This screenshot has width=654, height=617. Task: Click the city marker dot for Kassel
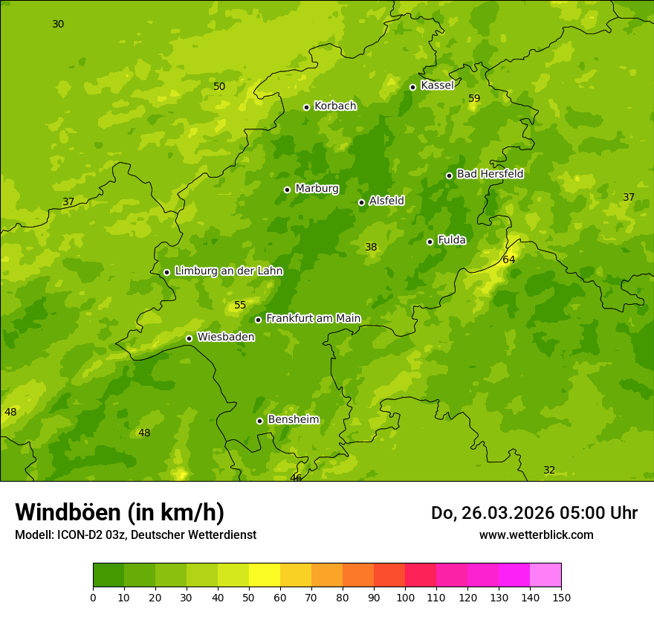coord(412,87)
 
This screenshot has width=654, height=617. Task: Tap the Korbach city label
coord(335,106)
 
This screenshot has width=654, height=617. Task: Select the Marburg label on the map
coord(317,189)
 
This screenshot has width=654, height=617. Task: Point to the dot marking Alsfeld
coord(361,202)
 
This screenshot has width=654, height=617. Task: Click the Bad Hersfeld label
coord(490,174)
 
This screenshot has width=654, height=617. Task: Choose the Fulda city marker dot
coord(430,242)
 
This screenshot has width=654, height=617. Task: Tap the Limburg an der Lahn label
coord(228,271)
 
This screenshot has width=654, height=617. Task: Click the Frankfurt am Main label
coord(313,319)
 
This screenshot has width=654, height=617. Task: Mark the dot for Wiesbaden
coord(189,338)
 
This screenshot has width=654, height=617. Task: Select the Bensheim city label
coord(293,420)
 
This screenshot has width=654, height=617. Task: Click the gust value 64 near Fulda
coord(508,259)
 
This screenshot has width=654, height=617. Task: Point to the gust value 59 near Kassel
coord(474,99)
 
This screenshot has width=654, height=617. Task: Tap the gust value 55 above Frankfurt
coord(240,306)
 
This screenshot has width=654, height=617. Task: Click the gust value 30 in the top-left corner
coord(58,25)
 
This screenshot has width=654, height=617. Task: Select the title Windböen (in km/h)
coord(120,512)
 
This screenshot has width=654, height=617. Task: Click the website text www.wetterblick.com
coord(536,535)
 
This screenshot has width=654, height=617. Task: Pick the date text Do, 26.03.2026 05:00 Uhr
coord(534,513)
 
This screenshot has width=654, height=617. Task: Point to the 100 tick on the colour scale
coord(405,597)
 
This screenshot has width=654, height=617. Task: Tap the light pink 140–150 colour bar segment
coord(545,575)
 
